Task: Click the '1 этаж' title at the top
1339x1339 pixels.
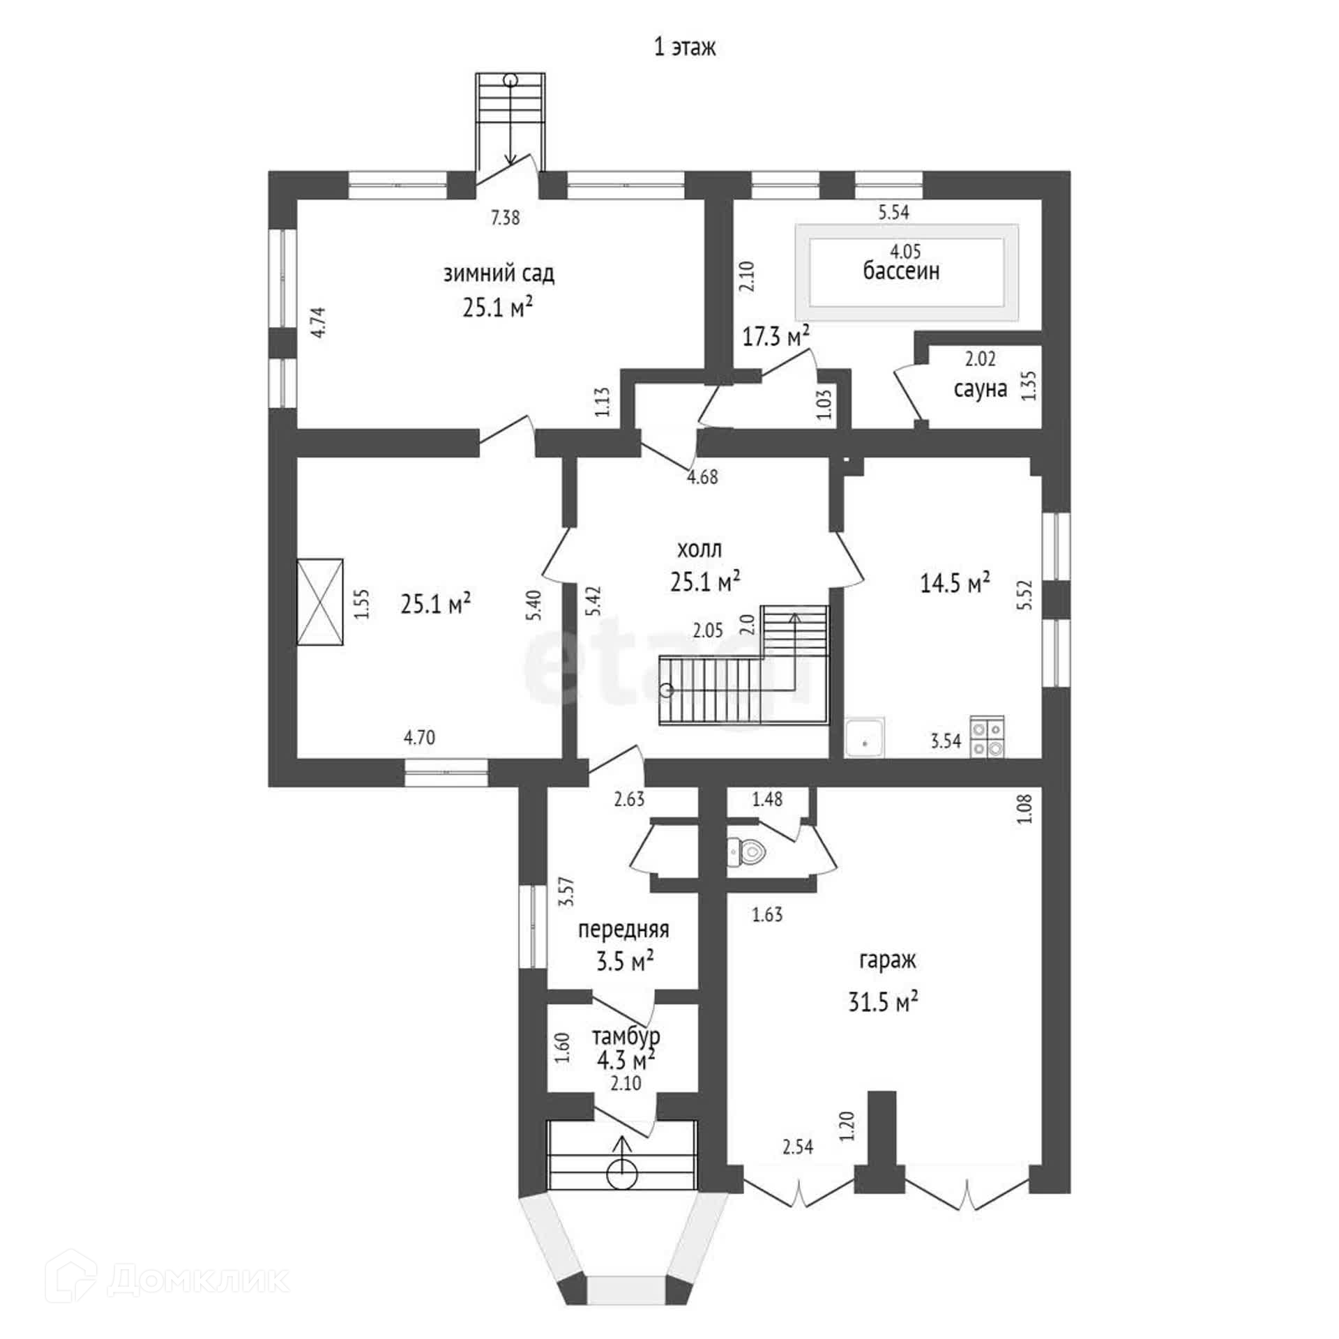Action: coord(684,47)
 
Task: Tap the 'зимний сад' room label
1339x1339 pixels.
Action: coord(499,274)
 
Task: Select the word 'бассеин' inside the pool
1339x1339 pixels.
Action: coord(901,271)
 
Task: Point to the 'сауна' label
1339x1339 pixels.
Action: coord(980,389)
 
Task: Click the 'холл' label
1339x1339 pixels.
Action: coord(699,550)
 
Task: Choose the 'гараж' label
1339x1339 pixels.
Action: coord(887,961)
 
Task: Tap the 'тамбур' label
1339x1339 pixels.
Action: coord(626,1036)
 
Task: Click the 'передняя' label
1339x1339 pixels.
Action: coord(623,930)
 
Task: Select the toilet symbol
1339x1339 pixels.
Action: coord(747,851)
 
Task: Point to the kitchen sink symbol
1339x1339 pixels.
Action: coord(864,738)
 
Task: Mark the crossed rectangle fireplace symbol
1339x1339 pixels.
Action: coord(320,603)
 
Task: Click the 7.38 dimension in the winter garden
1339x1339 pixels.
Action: coord(505,218)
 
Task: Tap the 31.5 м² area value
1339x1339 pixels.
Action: coord(883,1002)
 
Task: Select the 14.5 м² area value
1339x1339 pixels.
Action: coord(955,583)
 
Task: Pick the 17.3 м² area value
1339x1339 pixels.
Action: coord(776,337)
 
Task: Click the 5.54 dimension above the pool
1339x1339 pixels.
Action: coord(893,213)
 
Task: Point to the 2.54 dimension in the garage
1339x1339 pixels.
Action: coord(798,1147)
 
